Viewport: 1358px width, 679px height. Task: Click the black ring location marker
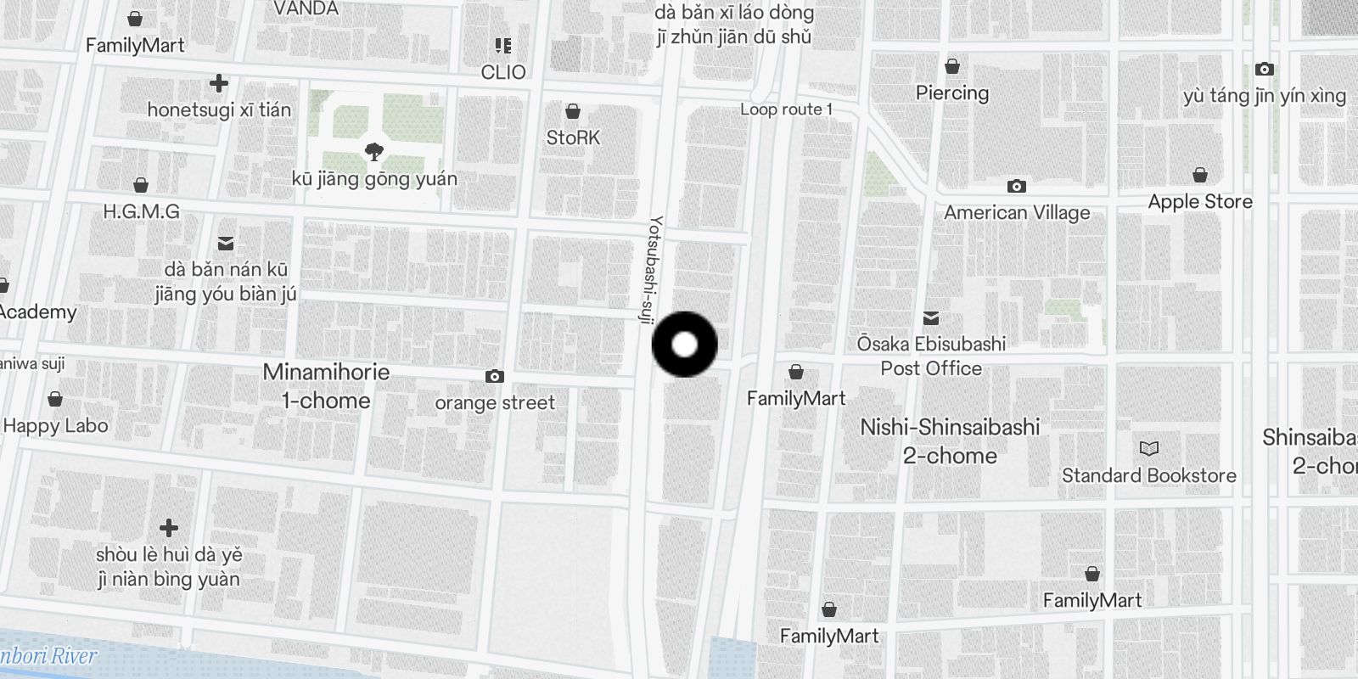click(x=684, y=345)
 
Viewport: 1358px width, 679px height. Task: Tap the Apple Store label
click(x=1199, y=202)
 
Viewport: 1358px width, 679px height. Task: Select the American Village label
click(x=1017, y=213)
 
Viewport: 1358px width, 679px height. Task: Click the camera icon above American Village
click(x=1016, y=186)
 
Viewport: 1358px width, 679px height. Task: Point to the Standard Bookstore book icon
click(x=1148, y=448)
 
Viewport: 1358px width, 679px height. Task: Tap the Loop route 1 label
click(x=786, y=109)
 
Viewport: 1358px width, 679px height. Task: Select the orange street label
click(x=495, y=403)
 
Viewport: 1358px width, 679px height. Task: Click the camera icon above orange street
click(x=494, y=376)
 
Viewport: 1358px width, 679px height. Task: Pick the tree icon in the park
click(x=373, y=153)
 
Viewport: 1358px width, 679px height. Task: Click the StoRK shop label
click(x=573, y=137)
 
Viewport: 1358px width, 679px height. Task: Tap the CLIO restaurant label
click(x=503, y=72)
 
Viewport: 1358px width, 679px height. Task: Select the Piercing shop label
click(x=952, y=93)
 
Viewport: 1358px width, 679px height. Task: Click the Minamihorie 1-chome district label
click(x=326, y=386)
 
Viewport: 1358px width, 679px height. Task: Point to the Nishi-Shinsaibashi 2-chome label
click(x=950, y=441)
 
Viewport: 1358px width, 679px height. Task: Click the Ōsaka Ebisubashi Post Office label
click(x=931, y=356)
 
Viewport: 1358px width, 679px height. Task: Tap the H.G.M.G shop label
click(x=141, y=212)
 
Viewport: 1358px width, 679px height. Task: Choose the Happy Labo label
click(x=56, y=426)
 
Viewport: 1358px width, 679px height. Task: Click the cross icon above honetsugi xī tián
click(x=219, y=83)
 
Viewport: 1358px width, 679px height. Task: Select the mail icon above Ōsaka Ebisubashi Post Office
click(x=931, y=318)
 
